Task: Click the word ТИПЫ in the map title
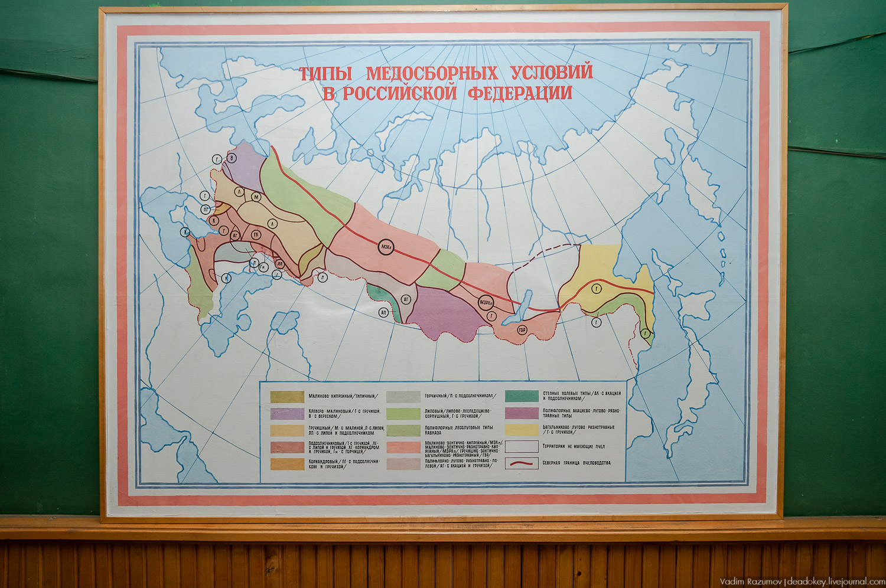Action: coord(325,74)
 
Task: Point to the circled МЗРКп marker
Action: coord(487,302)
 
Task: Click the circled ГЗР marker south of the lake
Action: coord(522,329)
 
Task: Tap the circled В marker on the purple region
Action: coord(232,158)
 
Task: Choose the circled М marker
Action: coord(256,197)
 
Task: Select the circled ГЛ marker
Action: coord(256,234)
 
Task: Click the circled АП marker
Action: coord(384,312)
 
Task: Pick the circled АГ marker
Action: coord(406,300)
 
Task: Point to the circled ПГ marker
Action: coord(206,209)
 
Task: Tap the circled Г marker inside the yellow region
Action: coord(597,289)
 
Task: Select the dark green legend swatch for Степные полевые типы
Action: coord(522,396)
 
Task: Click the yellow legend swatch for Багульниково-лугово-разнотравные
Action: coord(522,430)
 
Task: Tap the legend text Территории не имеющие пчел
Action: coord(573,446)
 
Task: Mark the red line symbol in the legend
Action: coord(522,463)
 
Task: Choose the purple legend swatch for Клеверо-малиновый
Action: coord(287,413)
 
